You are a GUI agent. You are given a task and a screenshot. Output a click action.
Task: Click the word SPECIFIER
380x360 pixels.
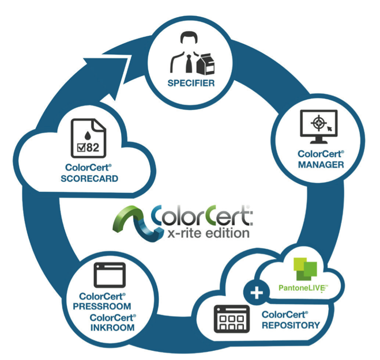191,83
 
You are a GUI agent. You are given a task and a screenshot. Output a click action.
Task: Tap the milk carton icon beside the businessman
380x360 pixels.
206,64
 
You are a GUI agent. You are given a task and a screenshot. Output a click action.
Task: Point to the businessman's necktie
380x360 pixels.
189,64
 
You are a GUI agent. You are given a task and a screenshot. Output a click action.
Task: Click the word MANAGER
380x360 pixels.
321,165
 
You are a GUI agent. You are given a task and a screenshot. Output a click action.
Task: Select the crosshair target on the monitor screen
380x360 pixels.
318,123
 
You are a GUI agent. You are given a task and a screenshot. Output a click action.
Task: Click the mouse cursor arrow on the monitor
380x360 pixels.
330,128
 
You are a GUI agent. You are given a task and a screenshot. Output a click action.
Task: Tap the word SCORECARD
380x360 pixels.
89,179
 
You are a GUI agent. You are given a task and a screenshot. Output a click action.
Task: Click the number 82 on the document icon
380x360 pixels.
93,147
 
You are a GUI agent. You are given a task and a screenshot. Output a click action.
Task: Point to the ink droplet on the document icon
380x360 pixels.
88,135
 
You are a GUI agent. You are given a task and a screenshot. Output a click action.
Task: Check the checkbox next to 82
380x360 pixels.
81,147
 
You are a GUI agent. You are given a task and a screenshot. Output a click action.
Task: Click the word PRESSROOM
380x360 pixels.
102,306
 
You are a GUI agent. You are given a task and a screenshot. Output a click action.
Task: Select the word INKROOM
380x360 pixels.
112,328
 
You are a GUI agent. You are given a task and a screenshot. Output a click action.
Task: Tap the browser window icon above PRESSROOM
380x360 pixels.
110,275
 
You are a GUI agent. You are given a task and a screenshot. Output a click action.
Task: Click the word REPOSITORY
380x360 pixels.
291,325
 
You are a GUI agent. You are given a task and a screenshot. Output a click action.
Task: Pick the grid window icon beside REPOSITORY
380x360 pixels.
232,319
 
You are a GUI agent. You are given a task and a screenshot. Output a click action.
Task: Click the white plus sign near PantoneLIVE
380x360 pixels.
257,293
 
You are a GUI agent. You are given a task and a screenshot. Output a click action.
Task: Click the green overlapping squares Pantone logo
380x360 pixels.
305,269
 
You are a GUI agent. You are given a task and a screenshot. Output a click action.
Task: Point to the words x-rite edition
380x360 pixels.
208,233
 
